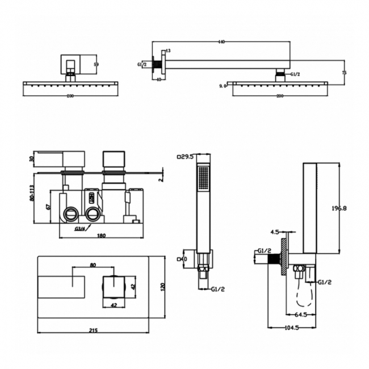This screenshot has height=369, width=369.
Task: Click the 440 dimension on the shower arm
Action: (222, 41)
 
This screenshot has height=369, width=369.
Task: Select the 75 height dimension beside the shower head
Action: (344, 73)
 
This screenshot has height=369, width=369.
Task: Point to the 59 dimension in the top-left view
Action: (96, 64)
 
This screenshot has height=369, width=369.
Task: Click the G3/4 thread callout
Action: (80, 229)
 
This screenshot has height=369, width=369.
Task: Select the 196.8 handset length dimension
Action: (339, 208)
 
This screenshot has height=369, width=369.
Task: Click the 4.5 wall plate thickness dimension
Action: (275, 231)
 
